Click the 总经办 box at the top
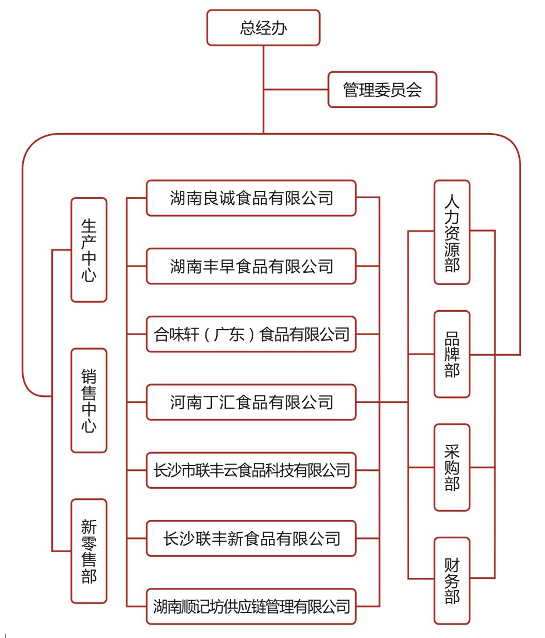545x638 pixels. pyautogui.click(x=263, y=28)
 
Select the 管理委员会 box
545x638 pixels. pyautogui.click(x=382, y=90)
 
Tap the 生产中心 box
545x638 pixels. pyautogui.click(x=89, y=250)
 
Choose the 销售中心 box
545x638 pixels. pyautogui.click(x=89, y=401)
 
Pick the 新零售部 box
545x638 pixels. pyautogui.click(x=89, y=551)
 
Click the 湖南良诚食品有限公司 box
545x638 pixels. pyautogui.click(x=251, y=198)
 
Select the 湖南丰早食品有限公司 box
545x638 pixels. pyautogui.click(x=251, y=266)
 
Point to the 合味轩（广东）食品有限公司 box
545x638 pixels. pyautogui.click(x=251, y=334)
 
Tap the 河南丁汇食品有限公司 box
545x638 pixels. pyautogui.click(x=251, y=402)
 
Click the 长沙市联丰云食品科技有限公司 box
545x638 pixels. pyautogui.click(x=251, y=470)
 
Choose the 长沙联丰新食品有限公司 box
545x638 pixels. pyautogui.click(x=251, y=538)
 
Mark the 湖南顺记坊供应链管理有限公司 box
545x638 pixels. pyautogui.click(x=251, y=606)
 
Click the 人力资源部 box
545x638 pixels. pyautogui.click(x=452, y=232)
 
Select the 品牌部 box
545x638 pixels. pyautogui.click(x=452, y=354)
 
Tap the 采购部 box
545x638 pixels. pyautogui.click(x=452, y=468)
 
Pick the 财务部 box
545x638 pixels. pyautogui.click(x=452, y=580)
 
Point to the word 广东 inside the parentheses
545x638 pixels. pyautogui.click(x=229, y=334)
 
